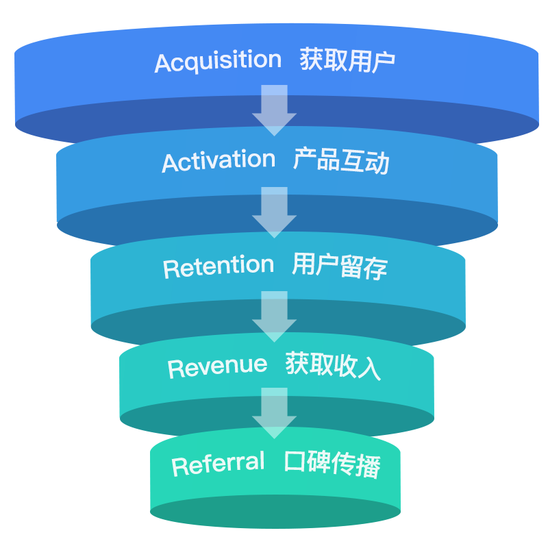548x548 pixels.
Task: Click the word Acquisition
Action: coord(218,62)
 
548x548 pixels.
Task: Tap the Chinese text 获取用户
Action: coord(347,62)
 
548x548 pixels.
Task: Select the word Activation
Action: coord(219,162)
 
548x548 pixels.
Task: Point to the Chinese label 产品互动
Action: coord(341,162)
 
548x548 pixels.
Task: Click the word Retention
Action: coord(219,267)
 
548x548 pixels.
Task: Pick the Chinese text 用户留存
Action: coord(340,266)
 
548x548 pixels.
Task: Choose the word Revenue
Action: coord(217,366)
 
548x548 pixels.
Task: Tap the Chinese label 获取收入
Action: coord(333,366)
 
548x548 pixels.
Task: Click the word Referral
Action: coord(218,464)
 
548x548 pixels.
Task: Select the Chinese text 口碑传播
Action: coord(332,464)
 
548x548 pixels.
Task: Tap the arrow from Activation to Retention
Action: coord(274,212)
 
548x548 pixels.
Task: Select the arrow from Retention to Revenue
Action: coord(274,316)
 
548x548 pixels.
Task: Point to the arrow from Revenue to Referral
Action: coord(274,413)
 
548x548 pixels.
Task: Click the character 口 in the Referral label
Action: coord(296,464)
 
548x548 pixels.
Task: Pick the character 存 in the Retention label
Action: coord(376,266)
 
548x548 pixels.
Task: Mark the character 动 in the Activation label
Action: coord(377,162)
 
